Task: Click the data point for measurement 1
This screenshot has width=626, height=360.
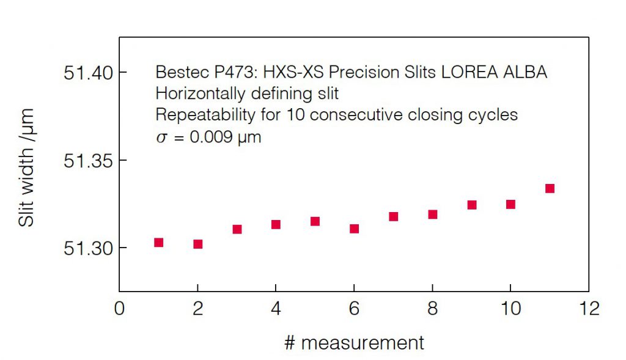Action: point(158,243)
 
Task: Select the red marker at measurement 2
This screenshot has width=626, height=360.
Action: point(197,244)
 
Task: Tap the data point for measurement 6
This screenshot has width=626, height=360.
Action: point(354,229)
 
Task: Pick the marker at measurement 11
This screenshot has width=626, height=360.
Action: point(550,188)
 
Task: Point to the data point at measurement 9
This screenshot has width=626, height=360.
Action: point(471,205)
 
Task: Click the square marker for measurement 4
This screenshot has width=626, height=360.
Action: point(276,224)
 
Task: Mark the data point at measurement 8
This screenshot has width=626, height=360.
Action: point(432,214)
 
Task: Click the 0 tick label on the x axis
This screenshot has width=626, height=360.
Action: point(119,309)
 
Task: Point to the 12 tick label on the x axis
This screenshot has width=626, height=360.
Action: point(588,309)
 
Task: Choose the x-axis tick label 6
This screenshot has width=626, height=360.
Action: point(354,309)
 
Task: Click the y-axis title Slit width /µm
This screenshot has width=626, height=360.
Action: point(27,167)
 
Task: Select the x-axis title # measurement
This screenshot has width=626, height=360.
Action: point(354,342)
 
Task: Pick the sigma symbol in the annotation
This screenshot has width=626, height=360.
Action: point(161,138)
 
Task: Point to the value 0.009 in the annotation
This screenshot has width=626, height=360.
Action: point(210,137)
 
